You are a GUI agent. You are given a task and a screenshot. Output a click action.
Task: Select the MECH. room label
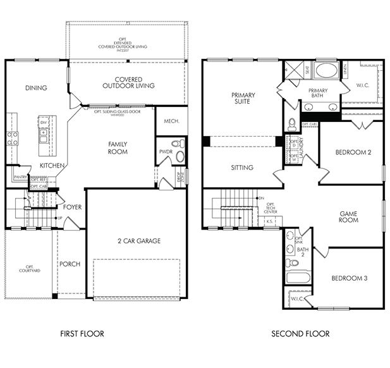point(171,121)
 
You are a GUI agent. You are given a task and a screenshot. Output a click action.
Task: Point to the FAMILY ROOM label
point(118,148)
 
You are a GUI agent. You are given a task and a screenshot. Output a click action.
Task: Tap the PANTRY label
point(19,178)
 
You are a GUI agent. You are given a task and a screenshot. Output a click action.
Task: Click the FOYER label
point(72,207)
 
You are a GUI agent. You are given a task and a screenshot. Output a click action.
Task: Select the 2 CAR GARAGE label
point(138,240)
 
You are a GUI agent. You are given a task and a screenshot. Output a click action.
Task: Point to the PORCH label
point(69,264)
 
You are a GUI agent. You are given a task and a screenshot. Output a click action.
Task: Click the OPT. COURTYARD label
point(29,269)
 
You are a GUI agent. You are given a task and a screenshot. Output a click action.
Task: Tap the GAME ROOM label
point(348,216)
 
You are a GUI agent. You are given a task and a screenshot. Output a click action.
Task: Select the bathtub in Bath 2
point(296,277)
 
